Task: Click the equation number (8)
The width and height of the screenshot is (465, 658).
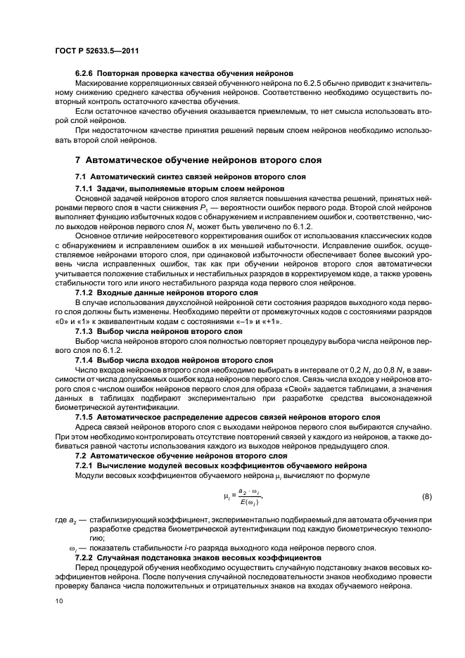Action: [x=426, y=497]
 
